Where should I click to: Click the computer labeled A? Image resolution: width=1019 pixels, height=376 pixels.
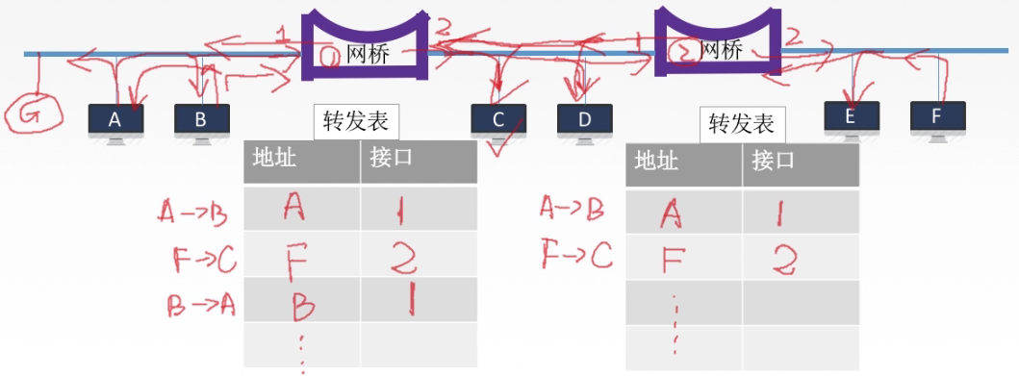coord(115,121)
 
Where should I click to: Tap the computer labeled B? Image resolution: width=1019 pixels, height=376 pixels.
coord(201,121)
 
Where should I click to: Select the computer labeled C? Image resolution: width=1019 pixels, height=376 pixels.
coord(497,121)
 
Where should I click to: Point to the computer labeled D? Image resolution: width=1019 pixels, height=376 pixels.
coord(584,121)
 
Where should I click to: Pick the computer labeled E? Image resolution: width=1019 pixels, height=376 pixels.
coord(851,118)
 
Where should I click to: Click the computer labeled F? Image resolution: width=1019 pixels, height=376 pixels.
coord(936,118)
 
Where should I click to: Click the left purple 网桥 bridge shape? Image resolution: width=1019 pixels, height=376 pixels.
coord(365,44)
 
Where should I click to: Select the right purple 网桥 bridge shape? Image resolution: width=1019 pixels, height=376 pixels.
coord(717,43)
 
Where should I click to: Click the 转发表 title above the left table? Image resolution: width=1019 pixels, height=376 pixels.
coord(356,123)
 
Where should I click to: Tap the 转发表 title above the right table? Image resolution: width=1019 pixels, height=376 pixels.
coord(741,124)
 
